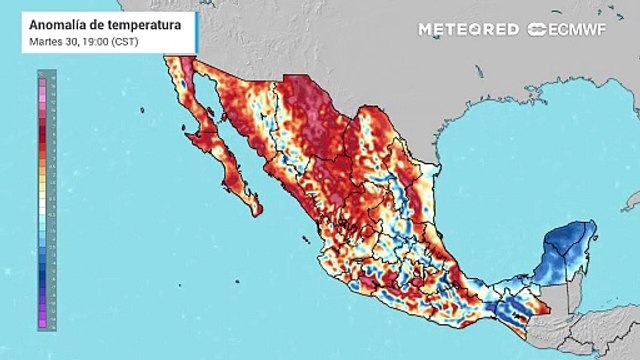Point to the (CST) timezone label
pos(121,40)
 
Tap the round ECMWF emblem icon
pos(535,28)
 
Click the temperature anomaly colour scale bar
pos(40,200)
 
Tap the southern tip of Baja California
pos(257,210)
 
